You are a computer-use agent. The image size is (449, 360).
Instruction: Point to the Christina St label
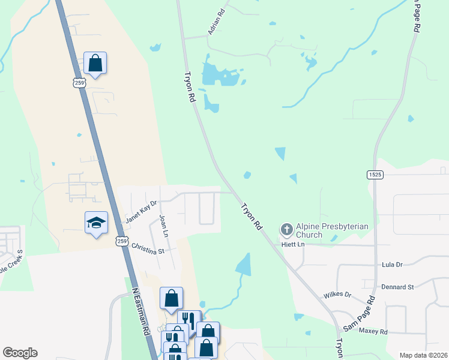[148, 247]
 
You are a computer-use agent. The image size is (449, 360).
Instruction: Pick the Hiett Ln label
[293, 245]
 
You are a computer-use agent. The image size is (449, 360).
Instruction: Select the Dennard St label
[399, 287]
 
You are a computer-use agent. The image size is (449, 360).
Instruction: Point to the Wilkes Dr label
[337, 295]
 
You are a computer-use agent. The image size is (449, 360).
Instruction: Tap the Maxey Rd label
[373, 331]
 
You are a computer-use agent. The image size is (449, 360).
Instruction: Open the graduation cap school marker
[96, 223]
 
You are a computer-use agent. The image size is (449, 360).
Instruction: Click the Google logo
[20, 353]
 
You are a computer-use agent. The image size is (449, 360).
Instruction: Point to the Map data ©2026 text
[423, 355]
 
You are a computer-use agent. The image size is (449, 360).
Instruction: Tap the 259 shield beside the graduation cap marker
[122, 241]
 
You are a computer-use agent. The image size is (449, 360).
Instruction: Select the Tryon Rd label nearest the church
[252, 217]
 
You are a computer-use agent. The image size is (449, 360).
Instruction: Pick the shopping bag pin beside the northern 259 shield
[95, 62]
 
